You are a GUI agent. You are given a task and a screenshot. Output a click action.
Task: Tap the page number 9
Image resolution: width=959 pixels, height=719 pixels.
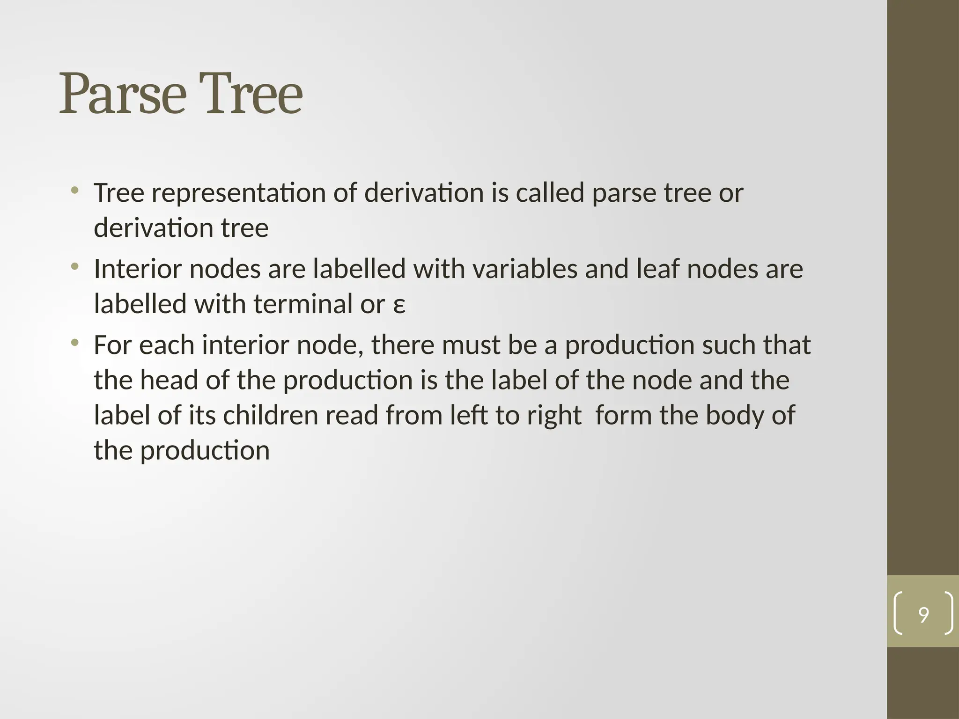[x=923, y=615]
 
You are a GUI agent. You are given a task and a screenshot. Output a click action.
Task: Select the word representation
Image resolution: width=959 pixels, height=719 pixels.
[x=238, y=193]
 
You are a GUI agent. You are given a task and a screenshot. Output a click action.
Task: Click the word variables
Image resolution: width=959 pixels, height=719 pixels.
[x=524, y=269]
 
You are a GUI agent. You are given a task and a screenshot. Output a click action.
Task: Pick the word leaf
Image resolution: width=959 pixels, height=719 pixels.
[x=657, y=269]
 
